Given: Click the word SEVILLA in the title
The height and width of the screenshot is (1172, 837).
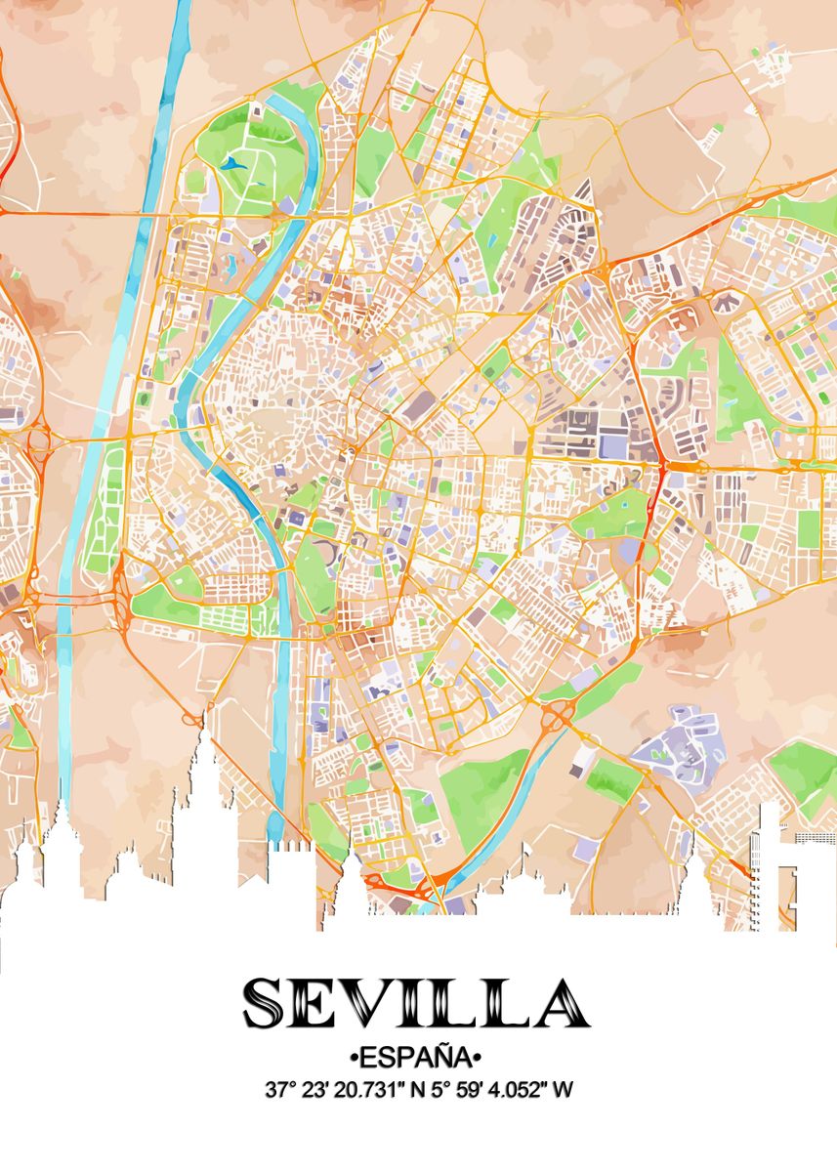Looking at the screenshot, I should coord(417,1003).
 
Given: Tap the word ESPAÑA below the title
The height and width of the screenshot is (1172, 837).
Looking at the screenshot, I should coord(418,1058).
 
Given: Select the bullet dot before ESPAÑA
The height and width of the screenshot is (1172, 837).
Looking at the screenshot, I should coord(353,1059).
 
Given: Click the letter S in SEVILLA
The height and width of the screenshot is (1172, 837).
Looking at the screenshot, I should coord(265,1003).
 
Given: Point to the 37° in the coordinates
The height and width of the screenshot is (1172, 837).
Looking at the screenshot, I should coord(278,1089).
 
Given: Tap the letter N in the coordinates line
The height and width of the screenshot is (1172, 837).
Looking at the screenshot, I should coord(417,1089).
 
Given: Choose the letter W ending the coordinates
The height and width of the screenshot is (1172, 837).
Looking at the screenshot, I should coord(562,1089).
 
